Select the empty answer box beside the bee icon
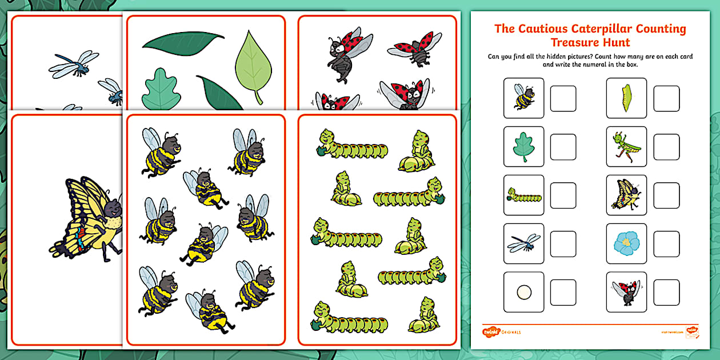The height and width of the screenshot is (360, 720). coord(563,98)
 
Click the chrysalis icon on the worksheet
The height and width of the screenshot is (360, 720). coord(626,98)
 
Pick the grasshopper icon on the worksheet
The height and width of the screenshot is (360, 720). coord(626,146)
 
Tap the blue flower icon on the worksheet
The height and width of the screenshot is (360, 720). coord(626,243)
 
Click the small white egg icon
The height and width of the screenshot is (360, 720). coord(524,292)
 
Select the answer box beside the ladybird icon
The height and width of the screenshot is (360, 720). coord(666,292)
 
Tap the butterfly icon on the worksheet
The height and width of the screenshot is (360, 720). coord(626,195)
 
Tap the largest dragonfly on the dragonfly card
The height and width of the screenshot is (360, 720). coord(74,64)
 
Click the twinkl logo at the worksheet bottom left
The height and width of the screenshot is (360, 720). coord(490,331)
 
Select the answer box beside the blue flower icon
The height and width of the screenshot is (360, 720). coord(666,243)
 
